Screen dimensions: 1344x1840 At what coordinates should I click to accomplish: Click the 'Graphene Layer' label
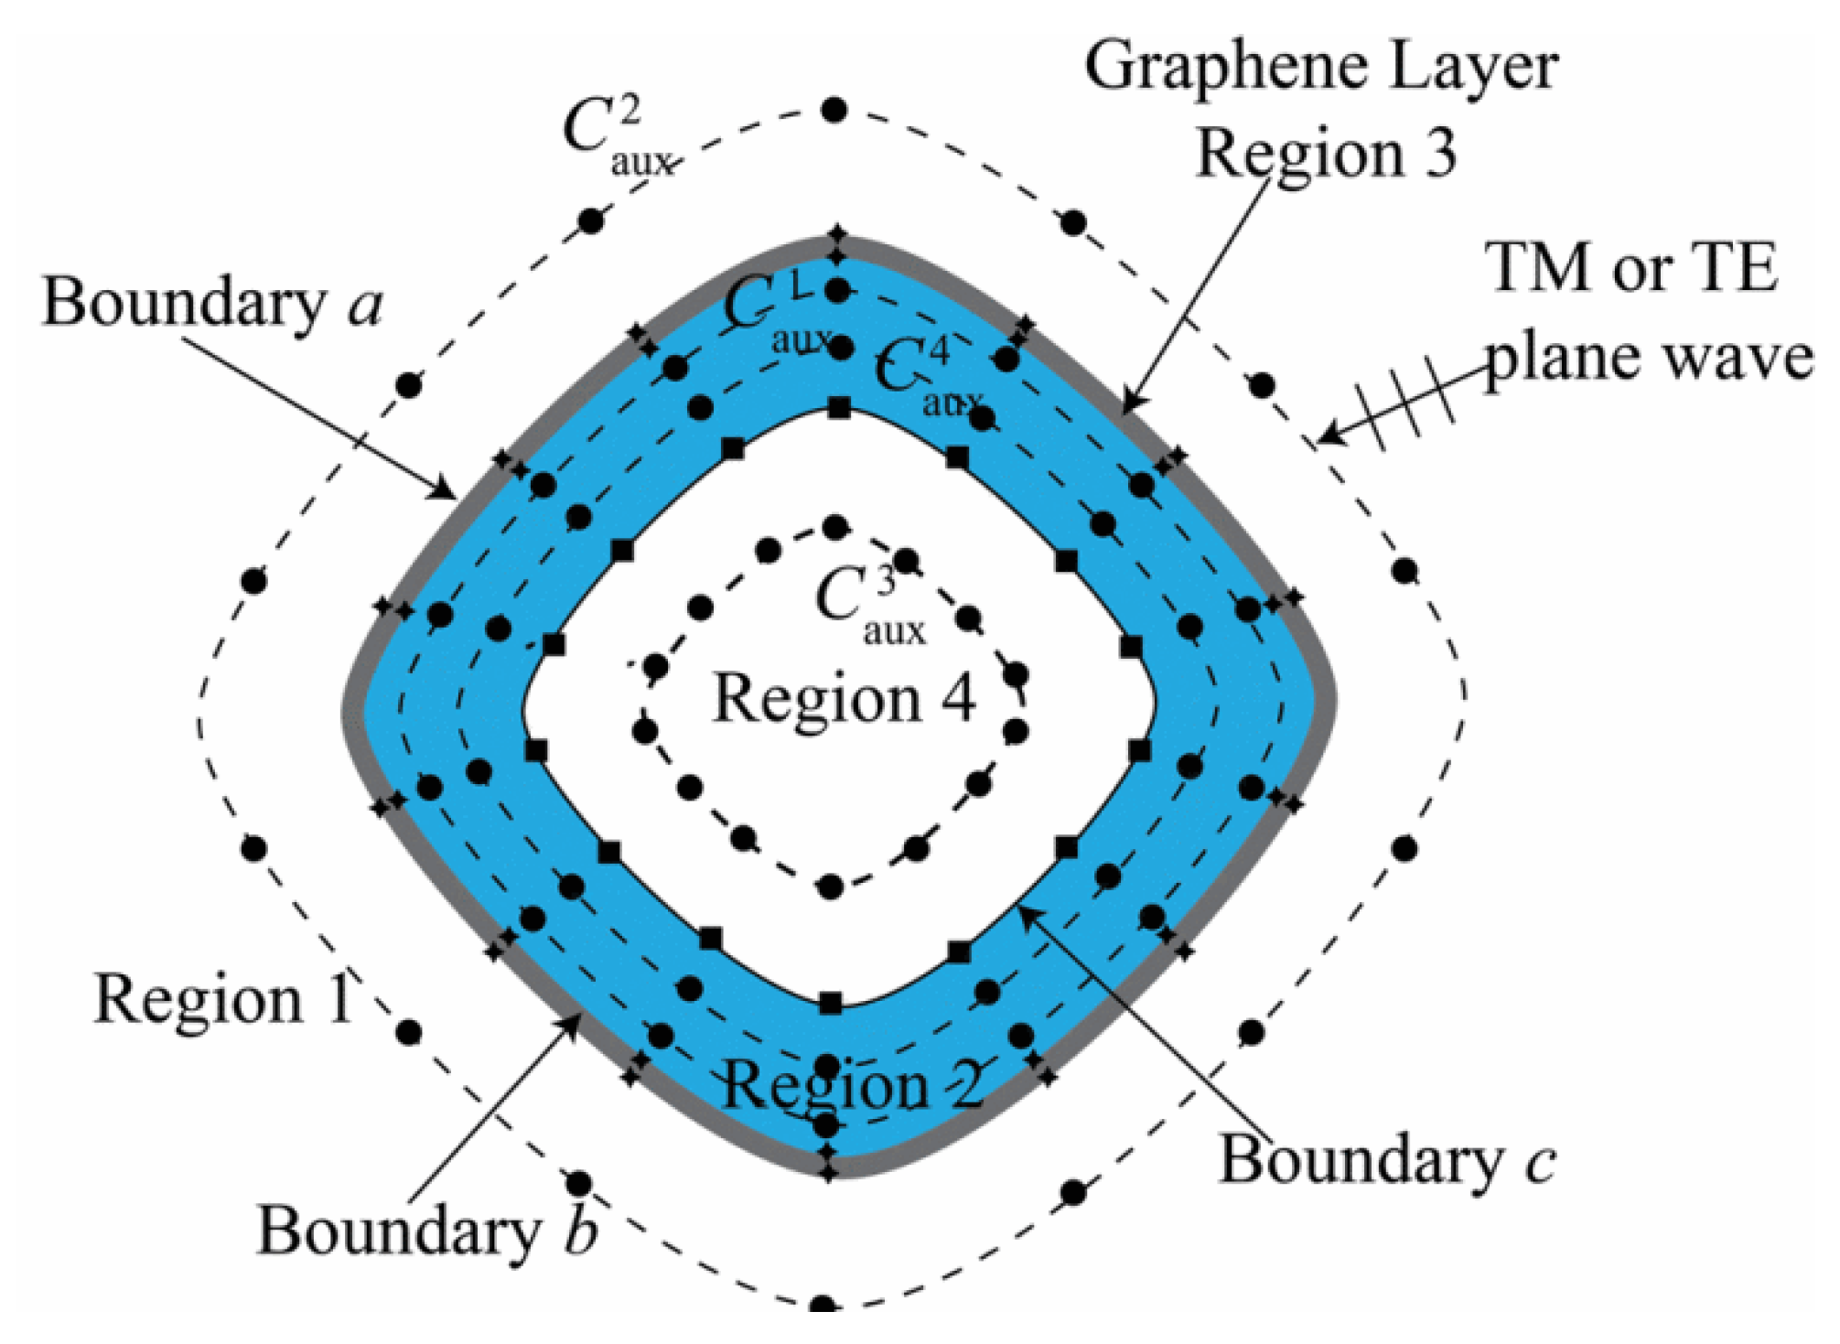(1320, 68)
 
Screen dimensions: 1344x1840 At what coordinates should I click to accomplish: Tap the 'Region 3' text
(1326, 154)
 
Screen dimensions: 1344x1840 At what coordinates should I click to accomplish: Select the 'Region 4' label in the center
(844, 700)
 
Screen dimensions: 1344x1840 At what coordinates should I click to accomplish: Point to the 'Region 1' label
(223, 999)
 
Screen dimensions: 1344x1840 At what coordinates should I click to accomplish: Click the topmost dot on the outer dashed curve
(834, 111)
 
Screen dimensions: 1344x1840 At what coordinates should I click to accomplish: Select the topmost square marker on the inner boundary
(838, 408)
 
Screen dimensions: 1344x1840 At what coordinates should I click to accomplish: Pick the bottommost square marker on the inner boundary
(830, 1003)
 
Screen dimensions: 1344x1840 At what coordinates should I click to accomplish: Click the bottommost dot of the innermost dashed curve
(830, 886)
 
